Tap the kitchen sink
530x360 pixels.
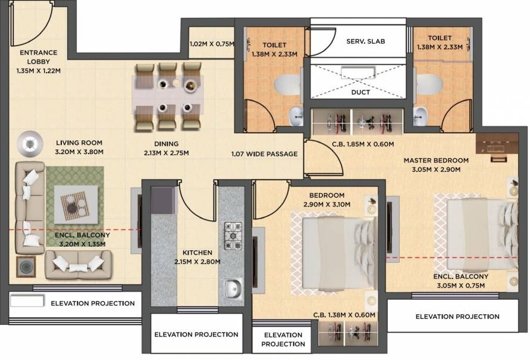pyautogui.click(x=231, y=289)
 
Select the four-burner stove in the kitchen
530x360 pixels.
pyautogui.click(x=232, y=236)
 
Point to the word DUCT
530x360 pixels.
pyautogui.click(x=360, y=92)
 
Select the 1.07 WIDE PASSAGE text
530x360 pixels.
pyautogui.click(x=265, y=154)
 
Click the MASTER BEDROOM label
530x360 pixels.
pyautogui.click(x=436, y=160)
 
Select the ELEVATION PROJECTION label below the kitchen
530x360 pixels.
pyautogui.click(x=196, y=334)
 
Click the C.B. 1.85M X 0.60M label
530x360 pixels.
pyautogui.click(x=355, y=143)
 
